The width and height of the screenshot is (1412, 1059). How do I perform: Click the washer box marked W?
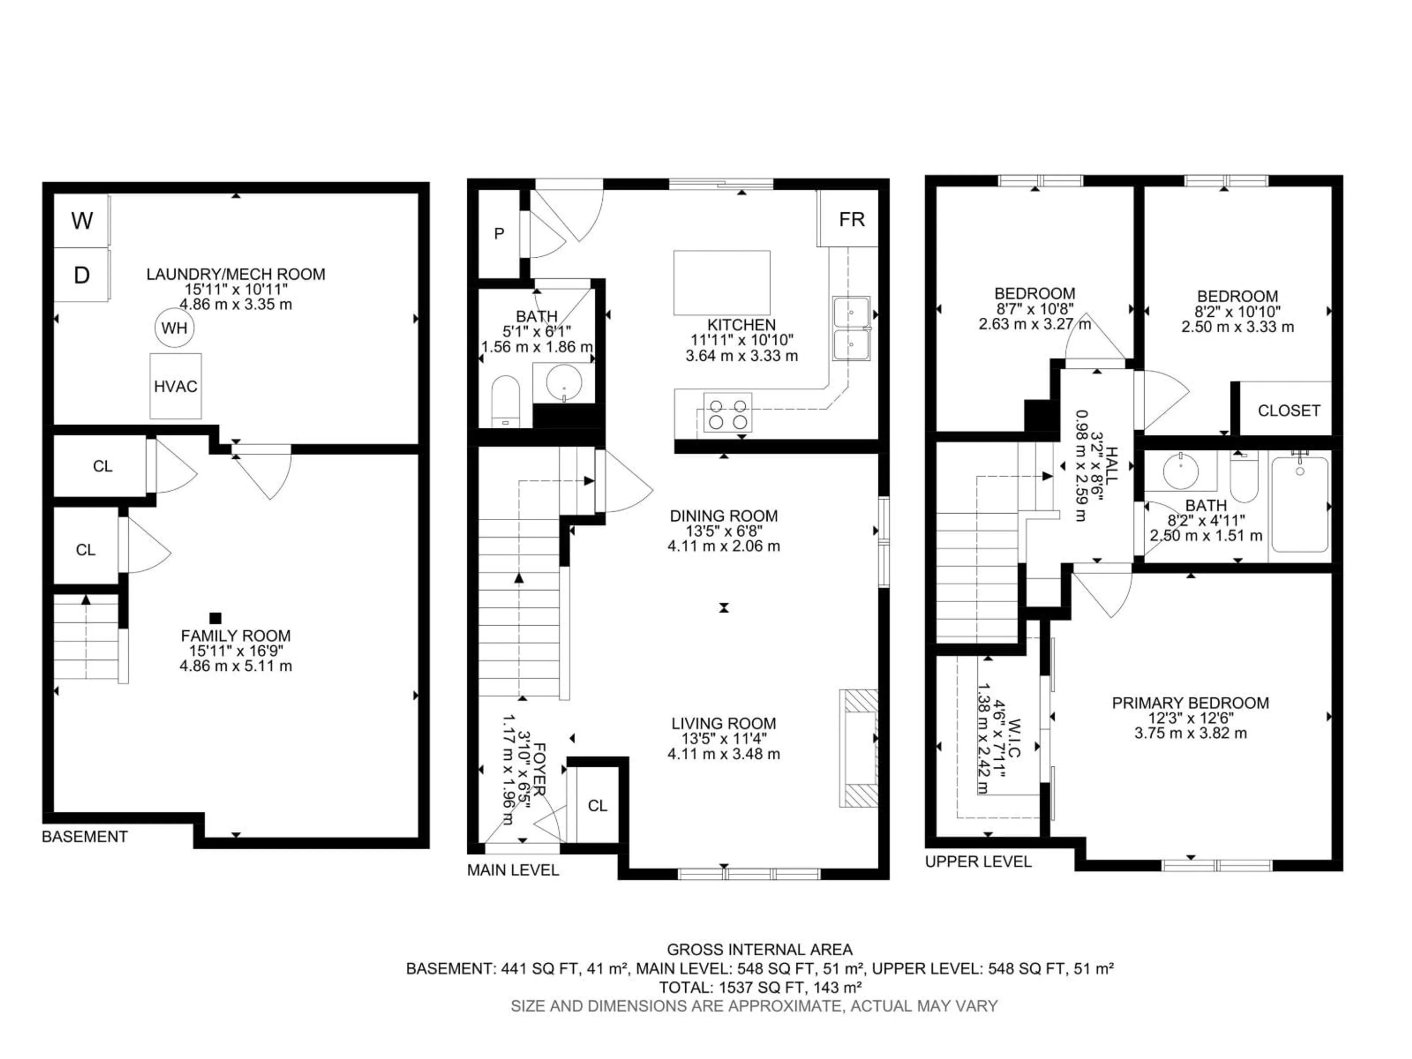[81, 221]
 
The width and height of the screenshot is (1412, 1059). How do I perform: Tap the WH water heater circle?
[174, 328]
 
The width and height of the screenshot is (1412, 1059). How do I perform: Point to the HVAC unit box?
[175, 386]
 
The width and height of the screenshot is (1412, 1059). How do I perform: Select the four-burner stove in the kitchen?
[728, 413]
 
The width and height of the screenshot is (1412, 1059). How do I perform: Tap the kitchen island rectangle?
[721, 282]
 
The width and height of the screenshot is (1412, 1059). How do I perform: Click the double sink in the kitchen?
[851, 328]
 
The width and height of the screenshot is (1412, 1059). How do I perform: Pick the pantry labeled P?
[499, 233]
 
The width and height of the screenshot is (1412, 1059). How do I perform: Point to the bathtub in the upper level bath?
[1299, 504]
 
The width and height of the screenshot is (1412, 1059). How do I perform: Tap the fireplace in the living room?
[859, 748]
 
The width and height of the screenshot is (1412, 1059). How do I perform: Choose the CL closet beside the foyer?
[598, 806]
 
